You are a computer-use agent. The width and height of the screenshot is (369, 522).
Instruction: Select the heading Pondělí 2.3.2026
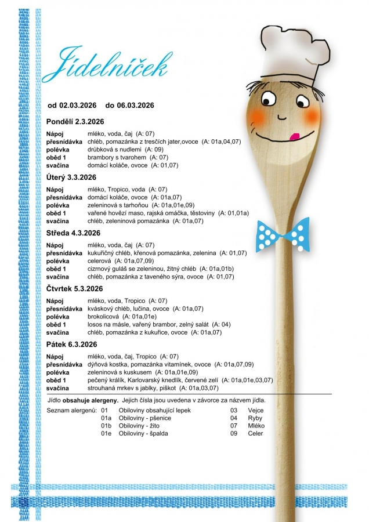pyautogui.click(x=75, y=121)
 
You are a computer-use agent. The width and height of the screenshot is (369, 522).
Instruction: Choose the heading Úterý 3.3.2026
pyautogui.click(x=71, y=177)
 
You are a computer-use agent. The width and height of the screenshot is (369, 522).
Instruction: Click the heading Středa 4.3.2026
pyautogui.click(x=73, y=233)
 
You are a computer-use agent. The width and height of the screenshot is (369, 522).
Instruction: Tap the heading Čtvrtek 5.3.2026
pyautogui.click(x=74, y=289)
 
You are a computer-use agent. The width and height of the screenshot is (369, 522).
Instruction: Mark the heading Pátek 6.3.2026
pyautogui.click(x=71, y=345)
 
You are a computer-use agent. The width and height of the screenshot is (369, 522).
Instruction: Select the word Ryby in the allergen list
pyautogui.click(x=238, y=418)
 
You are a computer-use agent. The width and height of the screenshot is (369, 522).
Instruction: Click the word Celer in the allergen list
pyautogui.click(x=239, y=433)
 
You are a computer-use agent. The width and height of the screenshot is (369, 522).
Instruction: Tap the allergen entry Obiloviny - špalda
pyautogui.click(x=143, y=433)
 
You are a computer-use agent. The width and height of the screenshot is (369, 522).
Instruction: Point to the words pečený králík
pyautogui.click(x=107, y=380)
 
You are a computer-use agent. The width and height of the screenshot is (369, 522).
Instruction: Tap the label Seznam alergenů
pyautogui.click(x=71, y=411)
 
